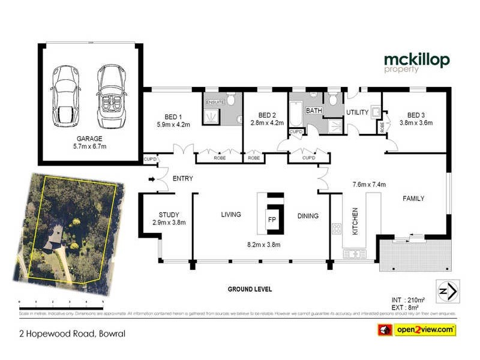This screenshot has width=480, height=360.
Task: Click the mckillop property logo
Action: click(416, 62)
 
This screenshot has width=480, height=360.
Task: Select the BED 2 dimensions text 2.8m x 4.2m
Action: click(266, 123)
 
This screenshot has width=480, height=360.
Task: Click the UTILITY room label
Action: click(357, 112)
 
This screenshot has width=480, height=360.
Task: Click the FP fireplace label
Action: click(271, 219)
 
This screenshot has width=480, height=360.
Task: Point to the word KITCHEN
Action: click(355, 221)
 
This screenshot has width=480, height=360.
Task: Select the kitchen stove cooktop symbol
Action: click(337, 229)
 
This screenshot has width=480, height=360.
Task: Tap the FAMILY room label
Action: click(413, 199)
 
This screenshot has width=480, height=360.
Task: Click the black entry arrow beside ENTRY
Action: click(151, 178)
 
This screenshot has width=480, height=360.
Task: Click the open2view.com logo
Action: click(416, 329)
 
